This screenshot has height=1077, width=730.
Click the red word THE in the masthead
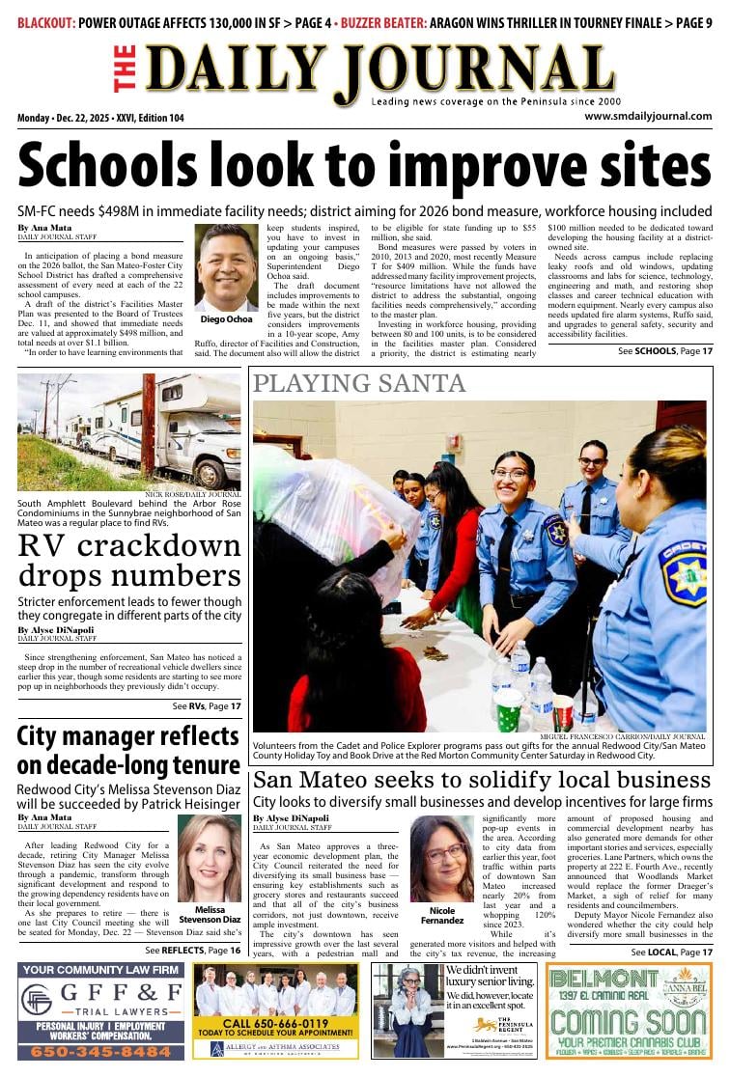click(x=125, y=69)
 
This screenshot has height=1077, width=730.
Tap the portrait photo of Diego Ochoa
click(x=226, y=268)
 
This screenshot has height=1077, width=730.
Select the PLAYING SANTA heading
click(x=358, y=384)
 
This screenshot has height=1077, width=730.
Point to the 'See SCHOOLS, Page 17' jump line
click(x=665, y=351)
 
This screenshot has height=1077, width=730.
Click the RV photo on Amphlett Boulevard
click(x=129, y=431)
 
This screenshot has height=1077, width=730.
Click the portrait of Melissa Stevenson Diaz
click(x=210, y=858)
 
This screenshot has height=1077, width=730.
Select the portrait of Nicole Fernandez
click(x=442, y=859)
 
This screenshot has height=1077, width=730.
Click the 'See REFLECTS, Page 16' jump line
click(x=193, y=951)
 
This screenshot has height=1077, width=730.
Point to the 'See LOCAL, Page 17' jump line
click(x=672, y=953)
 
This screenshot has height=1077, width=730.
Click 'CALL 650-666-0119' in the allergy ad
click(x=275, y=1023)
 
